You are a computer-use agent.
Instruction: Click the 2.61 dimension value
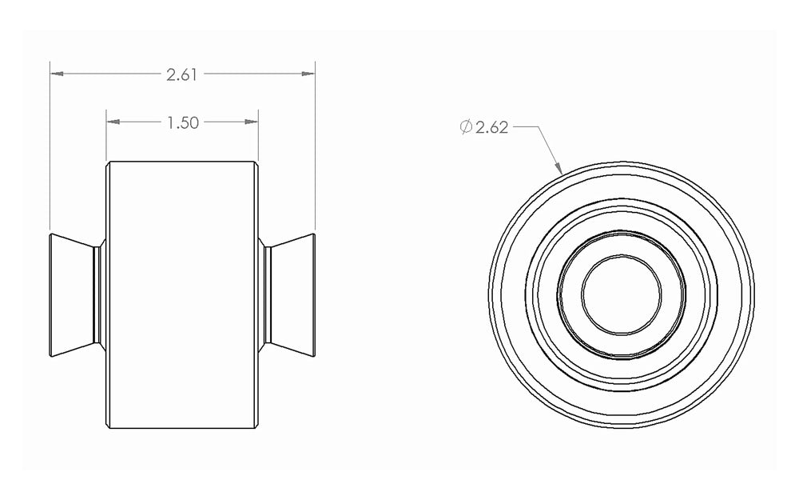[181, 74]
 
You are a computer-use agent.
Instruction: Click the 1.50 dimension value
[182, 122]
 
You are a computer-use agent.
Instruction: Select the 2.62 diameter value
[491, 127]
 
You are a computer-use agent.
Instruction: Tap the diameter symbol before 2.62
[466, 126]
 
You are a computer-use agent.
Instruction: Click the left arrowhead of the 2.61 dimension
[57, 74]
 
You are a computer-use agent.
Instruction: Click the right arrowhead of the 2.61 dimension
[308, 74]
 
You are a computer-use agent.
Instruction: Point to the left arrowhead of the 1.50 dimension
[113, 122]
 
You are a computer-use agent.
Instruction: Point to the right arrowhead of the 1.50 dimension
[252, 122]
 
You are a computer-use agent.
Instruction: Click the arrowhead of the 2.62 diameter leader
[559, 168]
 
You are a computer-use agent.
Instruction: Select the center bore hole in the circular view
[621, 295]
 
